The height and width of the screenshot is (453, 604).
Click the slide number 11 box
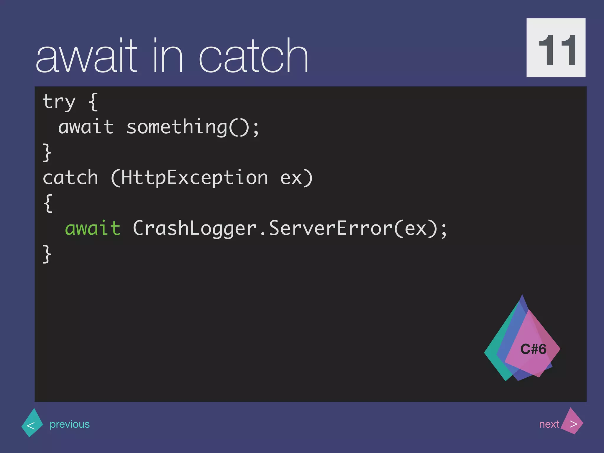coord(556,48)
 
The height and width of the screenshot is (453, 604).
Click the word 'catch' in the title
coord(254,56)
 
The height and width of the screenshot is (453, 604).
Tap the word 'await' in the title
coord(86,56)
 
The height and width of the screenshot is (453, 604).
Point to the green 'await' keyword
coord(93,229)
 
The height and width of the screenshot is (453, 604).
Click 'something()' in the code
coord(193,127)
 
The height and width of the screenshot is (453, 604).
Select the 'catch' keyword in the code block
coord(70,178)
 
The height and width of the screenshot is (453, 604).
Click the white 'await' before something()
coord(86,127)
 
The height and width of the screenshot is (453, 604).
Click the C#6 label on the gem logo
coord(533,349)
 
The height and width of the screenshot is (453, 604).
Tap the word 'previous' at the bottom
coord(70,424)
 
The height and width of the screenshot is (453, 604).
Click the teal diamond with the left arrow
coord(32,423)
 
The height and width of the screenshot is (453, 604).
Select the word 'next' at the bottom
coord(549,424)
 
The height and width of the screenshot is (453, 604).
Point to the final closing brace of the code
coord(47,254)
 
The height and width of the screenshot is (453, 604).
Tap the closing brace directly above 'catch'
coord(47,152)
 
